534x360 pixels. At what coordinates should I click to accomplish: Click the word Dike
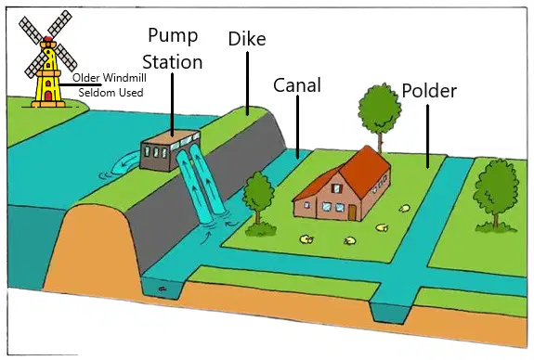(247, 39)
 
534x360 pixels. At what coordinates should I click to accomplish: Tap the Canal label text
(297, 85)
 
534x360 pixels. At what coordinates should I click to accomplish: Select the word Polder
(429, 91)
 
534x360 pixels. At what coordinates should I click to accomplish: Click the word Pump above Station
(173, 36)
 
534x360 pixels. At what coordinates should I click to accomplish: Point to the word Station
(173, 62)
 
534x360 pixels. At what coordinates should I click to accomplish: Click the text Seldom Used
(111, 93)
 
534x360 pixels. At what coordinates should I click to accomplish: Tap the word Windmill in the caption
(124, 78)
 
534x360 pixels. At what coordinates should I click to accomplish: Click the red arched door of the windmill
(48, 96)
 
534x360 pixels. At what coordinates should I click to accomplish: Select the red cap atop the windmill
(48, 38)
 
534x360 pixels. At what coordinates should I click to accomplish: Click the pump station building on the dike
(169, 149)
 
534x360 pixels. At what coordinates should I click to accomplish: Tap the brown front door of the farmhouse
(352, 212)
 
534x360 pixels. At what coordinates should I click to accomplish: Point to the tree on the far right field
(496, 195)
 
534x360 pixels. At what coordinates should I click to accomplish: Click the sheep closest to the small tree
(306, 239)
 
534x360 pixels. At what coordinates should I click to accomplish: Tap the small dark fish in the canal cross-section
(163, 289)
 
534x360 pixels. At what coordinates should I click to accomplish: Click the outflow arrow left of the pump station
(124, 164)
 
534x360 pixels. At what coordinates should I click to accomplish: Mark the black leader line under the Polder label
(428, 136)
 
